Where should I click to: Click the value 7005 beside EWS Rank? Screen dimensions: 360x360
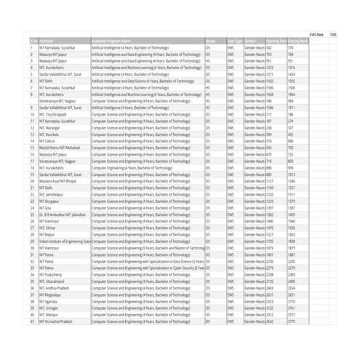[333, 33]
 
